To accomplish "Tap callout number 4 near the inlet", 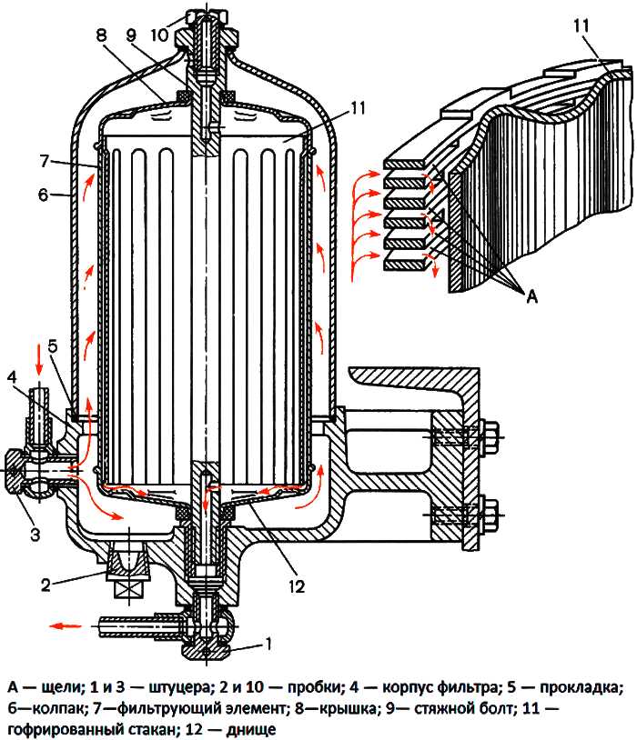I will pos(10,375).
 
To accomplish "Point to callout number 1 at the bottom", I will pos(268,645).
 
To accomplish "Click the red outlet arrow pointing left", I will pos(64,625).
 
